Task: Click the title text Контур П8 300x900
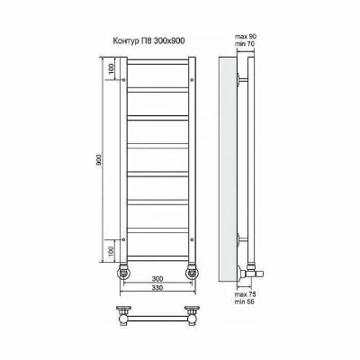pos(148,40)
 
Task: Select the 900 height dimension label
pos(99,160)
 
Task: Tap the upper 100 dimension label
pos(111,68)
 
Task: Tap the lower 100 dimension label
pos(111,251)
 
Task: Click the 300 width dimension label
pos(157,279)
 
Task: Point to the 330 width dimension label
pos(157,288)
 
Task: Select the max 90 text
pos(246,37)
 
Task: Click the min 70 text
pos(245,43)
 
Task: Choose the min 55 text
pos(245,301)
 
